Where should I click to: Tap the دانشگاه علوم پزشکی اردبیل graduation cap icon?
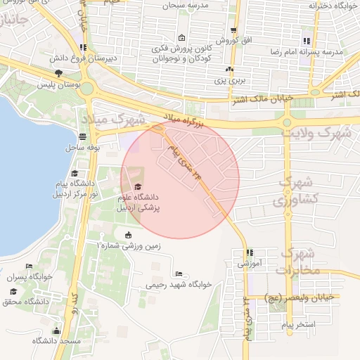click(138, 186)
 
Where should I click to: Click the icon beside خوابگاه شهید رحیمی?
click(179, 274)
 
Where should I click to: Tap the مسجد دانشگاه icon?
click(56, 330)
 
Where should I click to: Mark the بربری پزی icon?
click(229, 70)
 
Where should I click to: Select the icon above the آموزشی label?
click(248, 253)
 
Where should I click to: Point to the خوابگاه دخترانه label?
click(332, 6)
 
